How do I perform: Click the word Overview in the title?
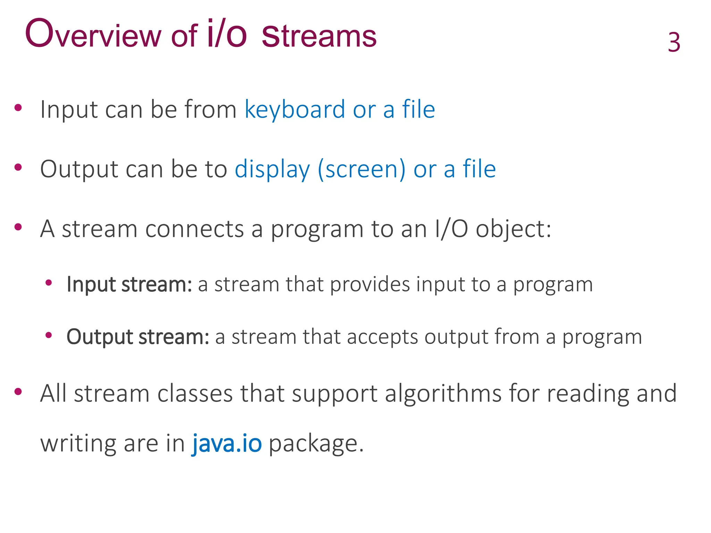point(93,35)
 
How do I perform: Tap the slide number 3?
point(674,43)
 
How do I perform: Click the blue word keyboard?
point(295,110)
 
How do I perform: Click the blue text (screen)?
point(361,170)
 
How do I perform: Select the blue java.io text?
point(227,443)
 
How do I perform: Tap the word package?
point(316,444)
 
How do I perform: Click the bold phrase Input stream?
point(129,285)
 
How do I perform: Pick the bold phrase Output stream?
point(138,337)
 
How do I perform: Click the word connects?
point(195,229)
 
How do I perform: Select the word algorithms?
point(443,394)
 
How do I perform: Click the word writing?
point(78,443)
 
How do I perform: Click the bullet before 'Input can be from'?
point(18,107)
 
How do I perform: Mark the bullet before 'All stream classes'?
point(18,392)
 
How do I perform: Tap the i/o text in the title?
point(227,34)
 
